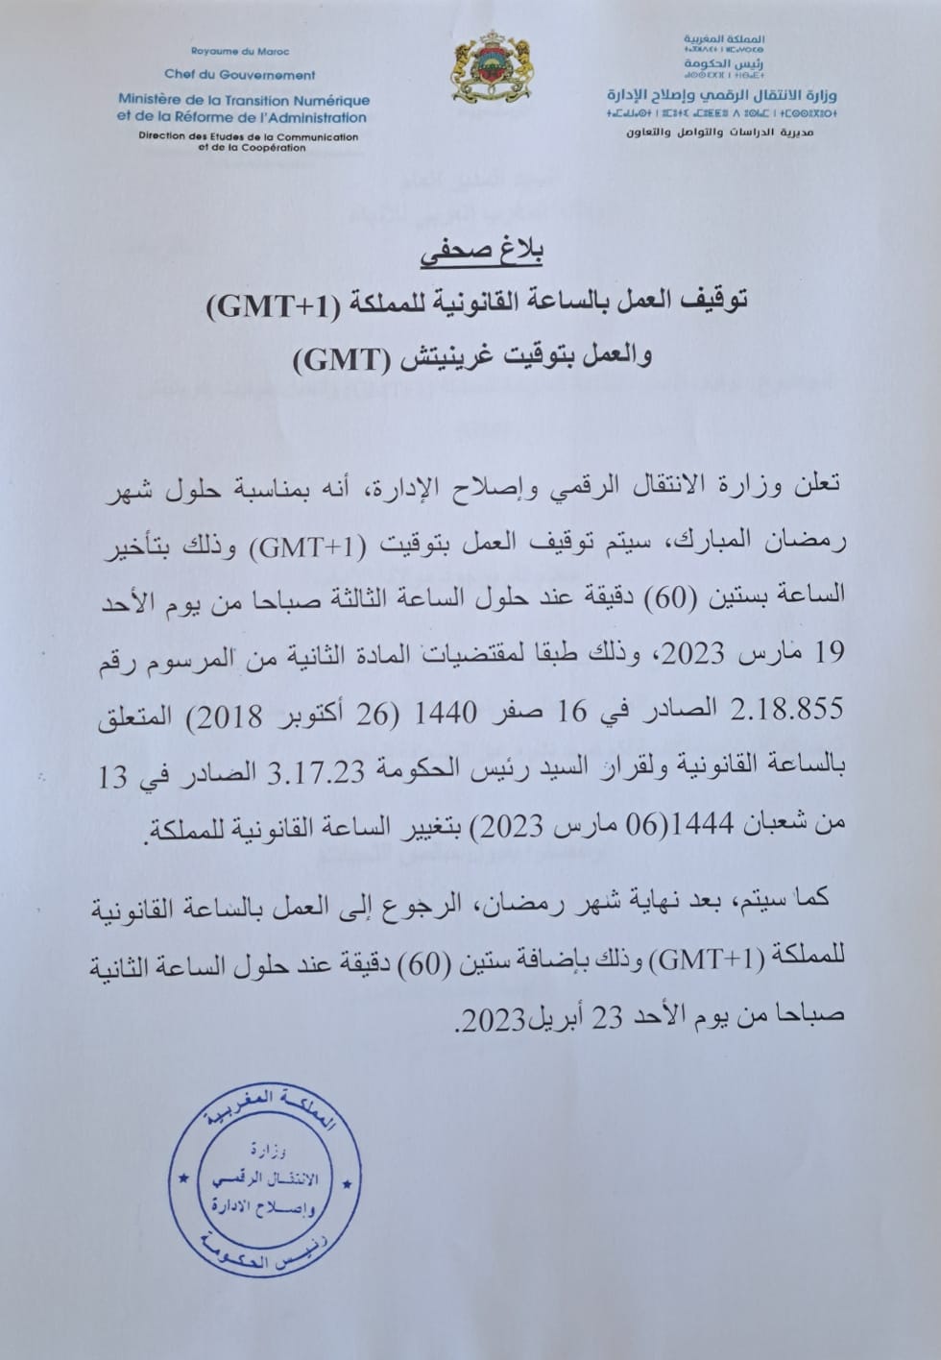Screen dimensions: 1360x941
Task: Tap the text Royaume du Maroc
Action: point(240,51)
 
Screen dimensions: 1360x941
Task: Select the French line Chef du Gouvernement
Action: point(240,74)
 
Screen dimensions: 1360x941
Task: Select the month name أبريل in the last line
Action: point(554,1018)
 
